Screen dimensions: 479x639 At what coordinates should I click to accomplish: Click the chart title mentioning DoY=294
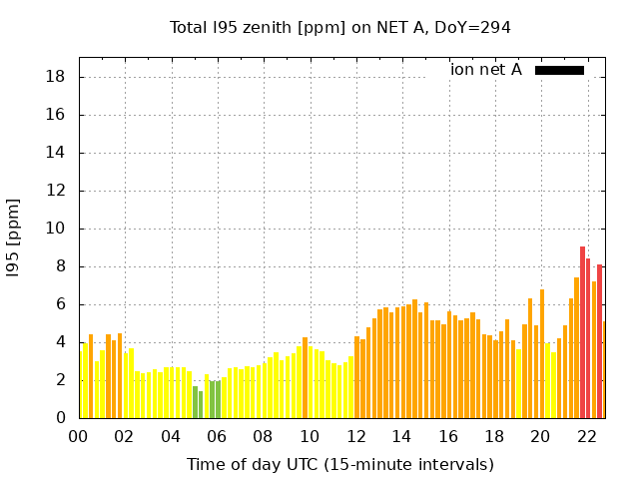(x=339, y=28)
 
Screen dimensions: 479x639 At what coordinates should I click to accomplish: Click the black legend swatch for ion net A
(x=559, y=70)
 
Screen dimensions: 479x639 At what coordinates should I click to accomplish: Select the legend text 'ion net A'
(x=486, y=70)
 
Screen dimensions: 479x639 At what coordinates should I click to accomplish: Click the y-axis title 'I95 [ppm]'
(x=14, y=238)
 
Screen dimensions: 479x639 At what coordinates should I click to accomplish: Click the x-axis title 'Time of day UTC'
(x=339, y=465)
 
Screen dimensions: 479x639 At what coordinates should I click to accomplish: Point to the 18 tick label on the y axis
(x=57, y=77)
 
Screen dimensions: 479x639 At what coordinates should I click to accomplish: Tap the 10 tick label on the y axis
(x=57, y=229)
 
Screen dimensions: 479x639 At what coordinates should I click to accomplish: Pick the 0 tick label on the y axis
(x=62, y=418)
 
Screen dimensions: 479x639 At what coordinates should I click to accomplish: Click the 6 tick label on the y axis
(x=62, y=304)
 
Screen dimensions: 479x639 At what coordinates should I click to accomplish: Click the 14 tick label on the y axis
(x=57, y=153)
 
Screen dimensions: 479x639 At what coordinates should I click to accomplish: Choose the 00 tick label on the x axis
(x=79, y=437)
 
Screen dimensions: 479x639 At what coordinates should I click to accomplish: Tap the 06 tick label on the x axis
(x=217, y=437)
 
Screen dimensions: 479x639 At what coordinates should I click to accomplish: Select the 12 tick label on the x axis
(x=355, y=437)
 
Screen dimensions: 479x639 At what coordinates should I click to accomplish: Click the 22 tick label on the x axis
(x=586, y=437)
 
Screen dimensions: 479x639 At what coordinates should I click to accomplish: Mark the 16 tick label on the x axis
(x=448, y=437)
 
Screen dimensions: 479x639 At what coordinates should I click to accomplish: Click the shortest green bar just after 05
(x=201, y=405)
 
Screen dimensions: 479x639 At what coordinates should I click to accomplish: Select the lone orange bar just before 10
(x=305, y=377)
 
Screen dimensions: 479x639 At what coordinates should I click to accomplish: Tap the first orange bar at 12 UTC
(x=356, y=377)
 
